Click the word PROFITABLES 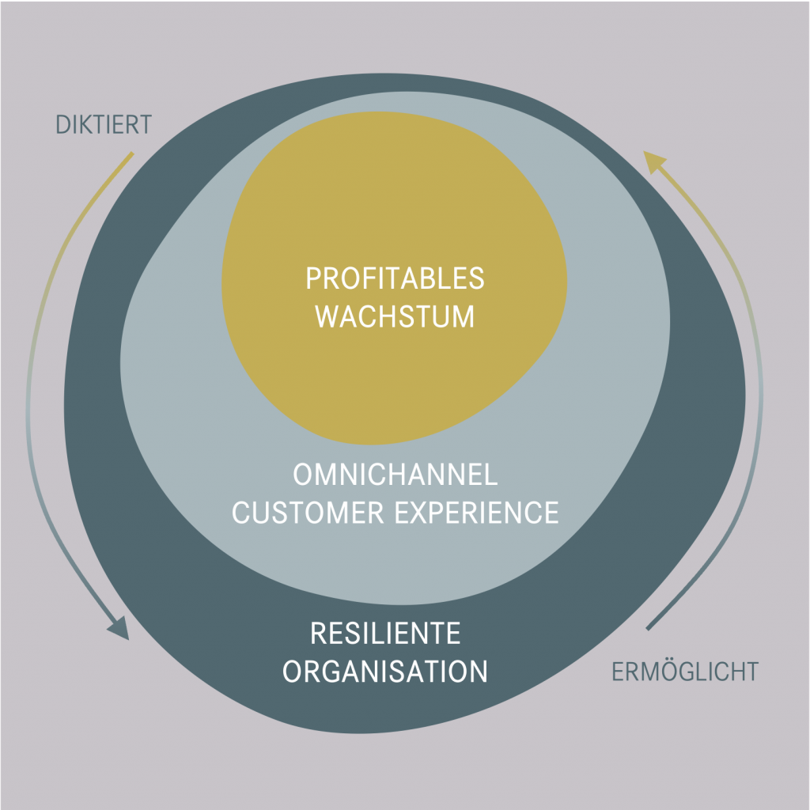click(x=395, y=279)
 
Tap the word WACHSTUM click(x=395, y=316)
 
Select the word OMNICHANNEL click(x=395, y=475)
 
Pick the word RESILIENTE click(x=385, y=634)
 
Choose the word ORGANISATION click(x=385, y=672)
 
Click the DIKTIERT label click(x=104, y=125)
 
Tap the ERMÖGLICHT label click(x=685, y=672)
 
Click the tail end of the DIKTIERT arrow click(x=131, y=153)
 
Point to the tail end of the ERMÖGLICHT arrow click(x=649, y=628)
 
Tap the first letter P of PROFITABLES click(x=312, y=279)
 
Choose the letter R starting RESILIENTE click(x=317, y=634)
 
